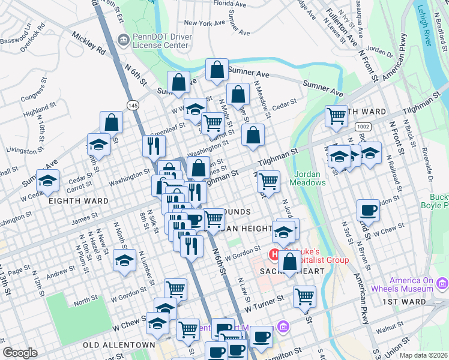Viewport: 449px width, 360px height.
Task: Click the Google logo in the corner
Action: point(20,353)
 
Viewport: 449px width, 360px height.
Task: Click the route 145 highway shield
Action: point(133,105)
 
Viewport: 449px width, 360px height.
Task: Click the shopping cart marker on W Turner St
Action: point(304,295)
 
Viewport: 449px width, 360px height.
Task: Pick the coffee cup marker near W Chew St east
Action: point(368,210)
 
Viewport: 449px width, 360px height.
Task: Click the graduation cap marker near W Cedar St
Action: point(47,179)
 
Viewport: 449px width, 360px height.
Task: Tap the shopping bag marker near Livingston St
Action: point(111,122)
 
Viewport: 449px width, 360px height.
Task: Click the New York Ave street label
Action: point(204,23)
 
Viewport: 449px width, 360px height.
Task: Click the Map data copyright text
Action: point(424,355)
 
